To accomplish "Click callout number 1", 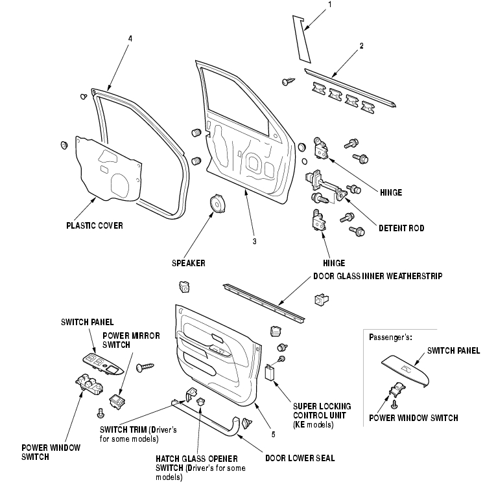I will pyautogui.click(x=329, y=5).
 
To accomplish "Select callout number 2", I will pyautogui.click(x=361, y=45).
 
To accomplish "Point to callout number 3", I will pyautogui.click(x=254, y=241).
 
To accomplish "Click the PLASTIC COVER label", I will pyautogui.click(x=95, y=226).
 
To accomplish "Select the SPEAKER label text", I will pyautogui.click(x=188, y=264).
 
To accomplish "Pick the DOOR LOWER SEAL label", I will pyautogui.click(x=300, y=458).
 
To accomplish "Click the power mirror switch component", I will pyautogui.click(x=118, y=402).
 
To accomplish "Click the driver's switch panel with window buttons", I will pyautogui.click(x=104, y=365).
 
